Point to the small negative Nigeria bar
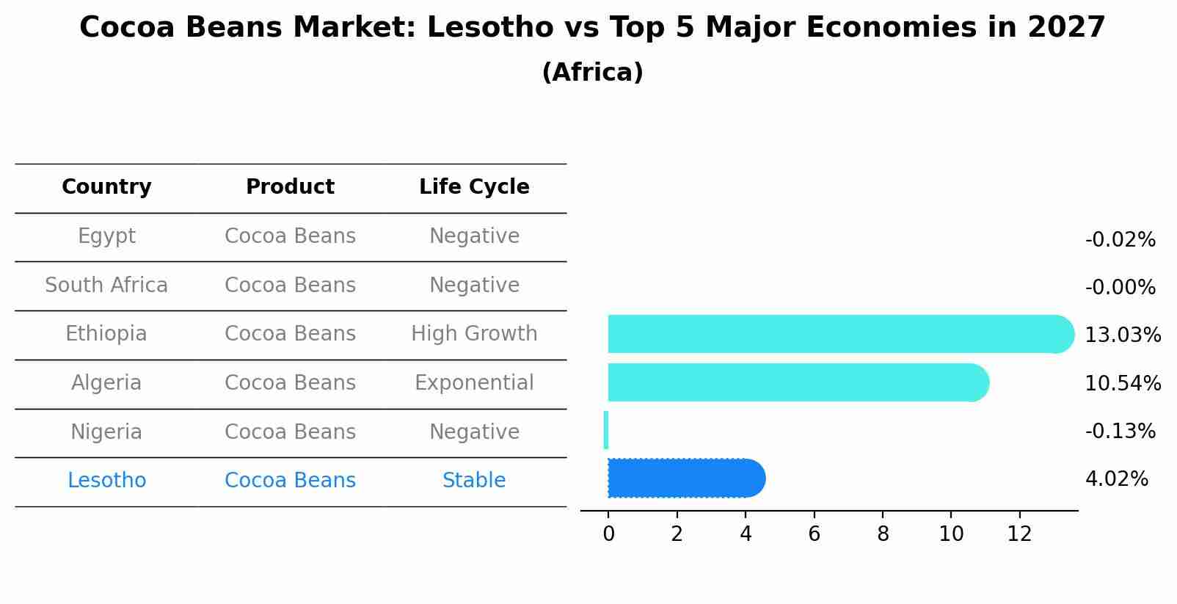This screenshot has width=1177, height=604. coord(606,430)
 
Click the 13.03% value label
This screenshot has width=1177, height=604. coord(1122,335)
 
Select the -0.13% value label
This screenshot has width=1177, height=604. coord(1120,432)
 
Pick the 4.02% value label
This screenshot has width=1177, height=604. coord(1116,479)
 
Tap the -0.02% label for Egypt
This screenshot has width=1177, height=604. coord(1120,240)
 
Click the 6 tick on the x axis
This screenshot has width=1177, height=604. coord(814,534)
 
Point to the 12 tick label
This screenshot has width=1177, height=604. coord(1019,534)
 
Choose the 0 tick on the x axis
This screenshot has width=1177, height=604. coord(608,534)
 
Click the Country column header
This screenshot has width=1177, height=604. coord(106,187)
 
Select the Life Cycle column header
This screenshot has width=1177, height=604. coord(474,187)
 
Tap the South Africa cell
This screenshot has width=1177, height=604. coord(106,285)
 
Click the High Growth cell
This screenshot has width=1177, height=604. coord(474,334)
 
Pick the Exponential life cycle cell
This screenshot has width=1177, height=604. coord(474,383)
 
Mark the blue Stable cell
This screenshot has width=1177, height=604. coord(474,481)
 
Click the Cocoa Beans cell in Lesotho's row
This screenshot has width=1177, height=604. coord(290,481)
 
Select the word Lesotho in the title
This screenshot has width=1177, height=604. coord(489,28)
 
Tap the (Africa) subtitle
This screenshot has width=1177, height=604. coord(592,73)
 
